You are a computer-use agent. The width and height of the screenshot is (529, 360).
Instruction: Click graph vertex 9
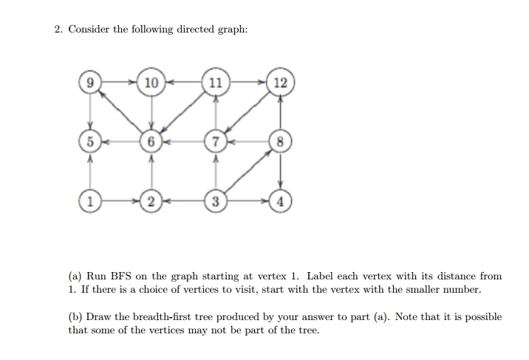(x=90, y=82)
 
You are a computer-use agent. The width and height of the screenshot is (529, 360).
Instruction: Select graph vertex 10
(x=151, y=82)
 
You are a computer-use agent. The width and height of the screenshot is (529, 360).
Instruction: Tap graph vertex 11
(x=216, y=82)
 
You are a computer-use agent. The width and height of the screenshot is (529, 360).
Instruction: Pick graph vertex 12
(x=280, y=82)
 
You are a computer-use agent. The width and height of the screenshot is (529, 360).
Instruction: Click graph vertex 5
(x=90, y=141)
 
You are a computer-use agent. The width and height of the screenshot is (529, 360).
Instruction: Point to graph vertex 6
(x=151, y=141)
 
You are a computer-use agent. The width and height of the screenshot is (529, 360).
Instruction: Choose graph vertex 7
(x=216, y=141)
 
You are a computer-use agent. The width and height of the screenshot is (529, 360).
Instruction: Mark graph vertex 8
(x=280, y=141)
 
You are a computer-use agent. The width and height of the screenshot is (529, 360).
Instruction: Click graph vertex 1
(x=90, y=201)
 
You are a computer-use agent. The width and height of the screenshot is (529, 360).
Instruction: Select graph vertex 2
(x=151, y=201)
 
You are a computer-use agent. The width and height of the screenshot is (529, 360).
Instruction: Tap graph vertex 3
(x=216, y=201)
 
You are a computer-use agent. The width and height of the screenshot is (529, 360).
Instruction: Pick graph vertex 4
(x=280, y=201)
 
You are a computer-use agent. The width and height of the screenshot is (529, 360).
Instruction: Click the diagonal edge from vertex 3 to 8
(x=248, y=171)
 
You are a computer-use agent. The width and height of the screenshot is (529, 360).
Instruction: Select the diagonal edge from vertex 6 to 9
(x=120, y=112)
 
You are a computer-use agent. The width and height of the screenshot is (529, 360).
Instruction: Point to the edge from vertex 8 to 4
(x=280, y=171)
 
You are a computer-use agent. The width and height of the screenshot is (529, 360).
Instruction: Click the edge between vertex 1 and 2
(x=120, y=201)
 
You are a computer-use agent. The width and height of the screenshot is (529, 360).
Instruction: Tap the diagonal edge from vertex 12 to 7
(x=248, y=112)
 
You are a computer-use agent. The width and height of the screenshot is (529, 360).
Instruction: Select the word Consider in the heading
(x=89, y=30)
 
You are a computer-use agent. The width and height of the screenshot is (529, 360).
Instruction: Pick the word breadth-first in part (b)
(x=163, y=317)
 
